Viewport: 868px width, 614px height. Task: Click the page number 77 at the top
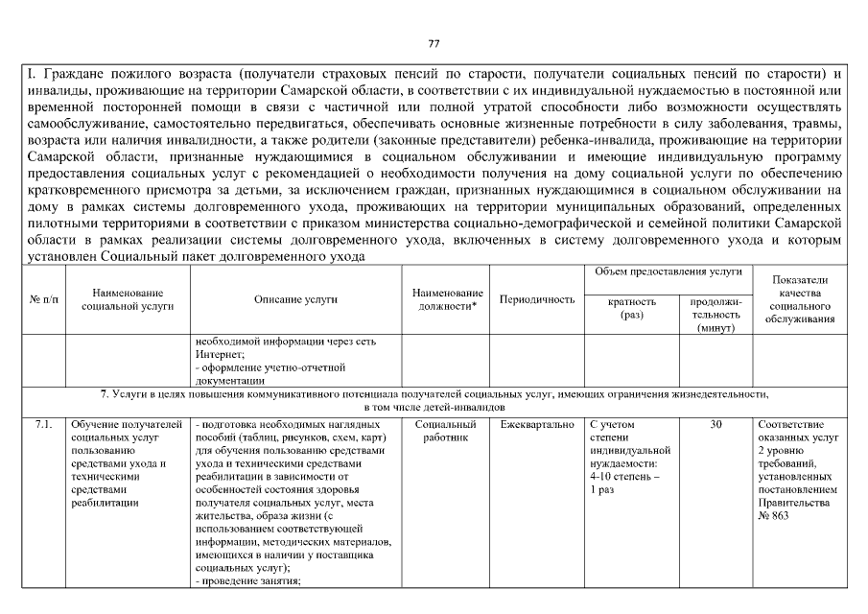tap(434, 44)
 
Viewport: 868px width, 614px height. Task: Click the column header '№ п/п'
tap(42, 300)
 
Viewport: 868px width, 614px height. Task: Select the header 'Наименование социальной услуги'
tap(128, 300)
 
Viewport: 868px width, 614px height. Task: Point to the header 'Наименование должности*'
tap(447, 300)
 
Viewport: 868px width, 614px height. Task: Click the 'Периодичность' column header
tap(537, 300)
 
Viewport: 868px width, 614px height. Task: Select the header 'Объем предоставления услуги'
tap(668, 272)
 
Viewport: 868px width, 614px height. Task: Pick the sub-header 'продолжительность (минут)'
tap(716, 314)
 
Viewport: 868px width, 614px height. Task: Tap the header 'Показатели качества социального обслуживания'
tap(801, 299)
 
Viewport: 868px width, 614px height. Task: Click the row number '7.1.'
tap(42, 424)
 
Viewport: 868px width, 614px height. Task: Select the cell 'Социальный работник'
tap(447, 430)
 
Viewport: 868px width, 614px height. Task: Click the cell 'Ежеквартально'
tap(537, 424)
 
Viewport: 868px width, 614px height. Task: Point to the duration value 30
tap(716, 424)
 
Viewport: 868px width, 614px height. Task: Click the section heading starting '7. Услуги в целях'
tap(434, 395)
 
